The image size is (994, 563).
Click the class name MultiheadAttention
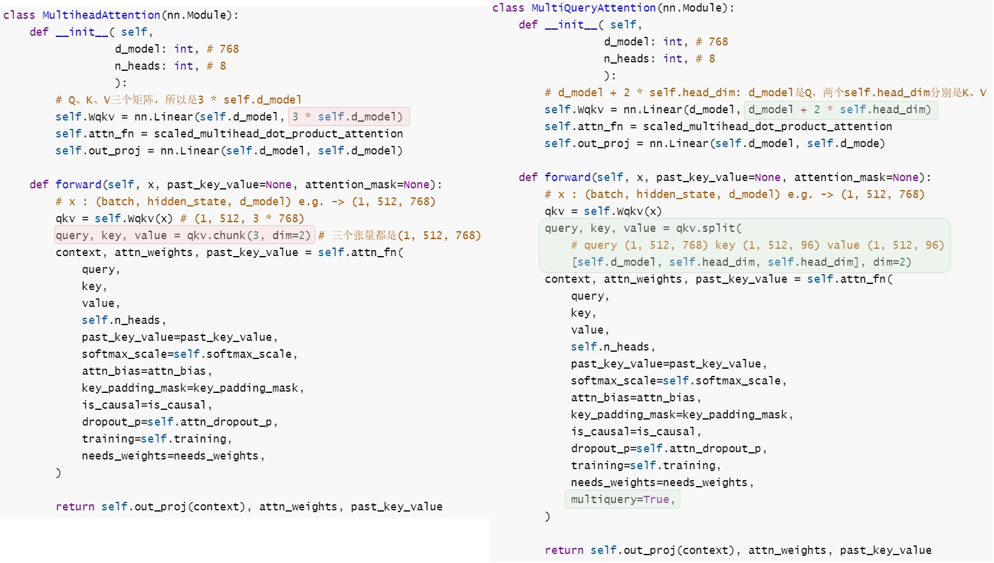tap(101, 15)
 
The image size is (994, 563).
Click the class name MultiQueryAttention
tap(593, 8)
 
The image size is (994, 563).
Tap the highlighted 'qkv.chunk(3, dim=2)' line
tap(185, 235)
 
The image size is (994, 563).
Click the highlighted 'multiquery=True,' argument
tap(622, 499)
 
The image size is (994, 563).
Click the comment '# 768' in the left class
tap(223, 49)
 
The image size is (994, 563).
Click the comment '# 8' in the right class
tap(705, 59)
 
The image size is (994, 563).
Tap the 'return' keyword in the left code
tap(75, 507)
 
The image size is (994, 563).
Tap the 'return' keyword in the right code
tap(564, 550)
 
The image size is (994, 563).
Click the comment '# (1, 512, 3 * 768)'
tap(242, 219)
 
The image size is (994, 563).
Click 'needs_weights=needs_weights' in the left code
tap(170, 456)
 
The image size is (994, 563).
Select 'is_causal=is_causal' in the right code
tap(633, 432)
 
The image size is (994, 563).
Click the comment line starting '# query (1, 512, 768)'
tap(757, 245)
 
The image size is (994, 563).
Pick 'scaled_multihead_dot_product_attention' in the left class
tap(278, 134)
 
